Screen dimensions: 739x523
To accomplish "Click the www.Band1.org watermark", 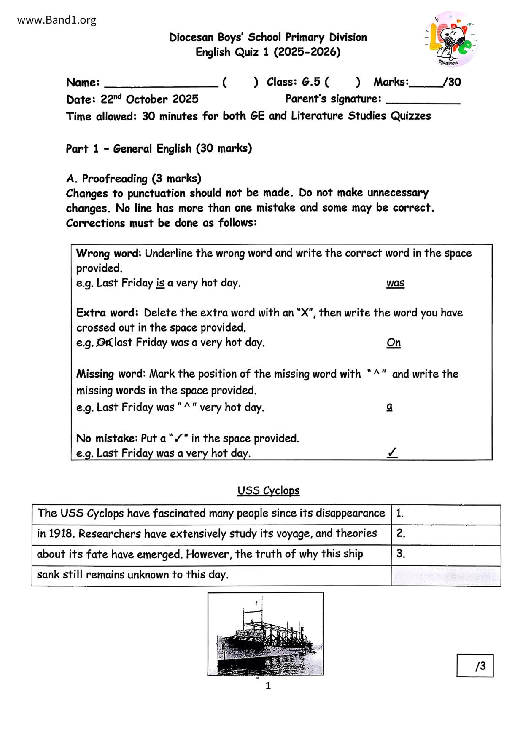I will pyautogui.click(x=57, y=20).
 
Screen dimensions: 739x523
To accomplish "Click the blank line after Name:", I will pyautogui.click(x=161, y=83).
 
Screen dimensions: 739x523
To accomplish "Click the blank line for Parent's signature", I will pyautogui.click(x=423, y=99).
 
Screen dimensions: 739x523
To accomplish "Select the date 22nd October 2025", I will pyautogui.click(x=150, y=99).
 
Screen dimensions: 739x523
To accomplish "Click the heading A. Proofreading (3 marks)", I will pyautogui.click(x=134, y=179).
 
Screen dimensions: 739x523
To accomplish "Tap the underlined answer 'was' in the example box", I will pyautogui.click(x=395, y=283).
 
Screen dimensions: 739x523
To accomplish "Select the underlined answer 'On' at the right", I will pyautogui.click(x=394, y=343).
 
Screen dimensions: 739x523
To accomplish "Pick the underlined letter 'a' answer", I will pyautogui.click(x=389, y=407).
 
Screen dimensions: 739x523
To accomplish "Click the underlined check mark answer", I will pyautogui.click(x=392, y=453).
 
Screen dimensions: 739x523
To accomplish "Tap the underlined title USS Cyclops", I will pyautogui.click(x=268, y=490).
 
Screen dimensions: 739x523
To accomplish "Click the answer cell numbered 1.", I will pyautogui.click(x=446, y=514).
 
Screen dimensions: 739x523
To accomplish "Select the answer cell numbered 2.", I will pyautogui.click(x=446, y=534).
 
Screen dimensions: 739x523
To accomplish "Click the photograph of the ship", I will pyautogui.click(x=265, y=634).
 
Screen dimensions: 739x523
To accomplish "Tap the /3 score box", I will pyautogui.click(x=475, y=666).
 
